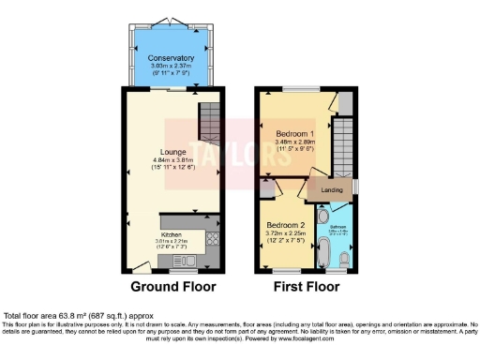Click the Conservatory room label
coord(171,59)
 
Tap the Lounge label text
coord(172,152)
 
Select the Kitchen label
coord(171,234)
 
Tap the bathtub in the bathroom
coord(324,252)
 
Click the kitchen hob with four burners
coord(213,239)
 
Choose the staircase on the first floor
coord(345,145)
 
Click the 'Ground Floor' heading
coord(172,286)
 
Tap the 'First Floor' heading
coord(306,286)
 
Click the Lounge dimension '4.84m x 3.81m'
coord(172,160)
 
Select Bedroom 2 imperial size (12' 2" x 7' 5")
coord(285,241)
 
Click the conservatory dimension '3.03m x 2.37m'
coord(171,67)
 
